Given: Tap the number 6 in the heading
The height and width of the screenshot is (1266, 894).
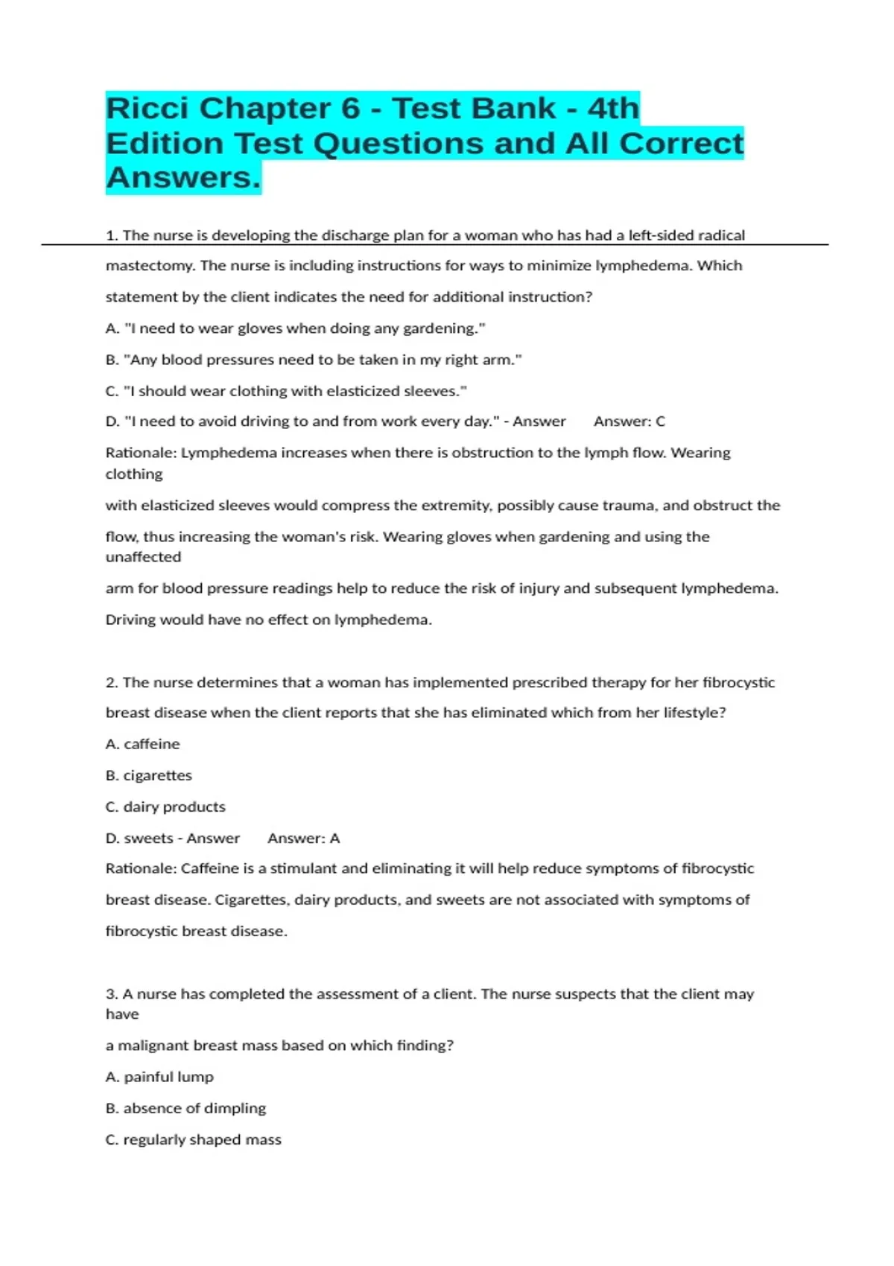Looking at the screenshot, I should [x=351, y=109].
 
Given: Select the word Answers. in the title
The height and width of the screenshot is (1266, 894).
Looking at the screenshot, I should [x=183, y=178].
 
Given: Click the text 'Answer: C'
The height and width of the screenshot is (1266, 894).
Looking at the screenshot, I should [x=629, y=422].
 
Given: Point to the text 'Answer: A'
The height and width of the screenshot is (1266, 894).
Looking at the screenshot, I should [x=303, y=839].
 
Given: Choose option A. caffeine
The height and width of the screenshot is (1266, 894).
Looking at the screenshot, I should [x=143, y=744].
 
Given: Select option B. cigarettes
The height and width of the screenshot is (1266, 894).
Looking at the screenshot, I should [x=149, y=775].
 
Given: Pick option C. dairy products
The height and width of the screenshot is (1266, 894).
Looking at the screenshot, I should [x=165, y=807].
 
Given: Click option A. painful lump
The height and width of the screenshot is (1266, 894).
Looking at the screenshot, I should [x=159, y=1077].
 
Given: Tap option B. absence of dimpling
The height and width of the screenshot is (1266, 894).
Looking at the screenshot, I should [x=186, y=1108].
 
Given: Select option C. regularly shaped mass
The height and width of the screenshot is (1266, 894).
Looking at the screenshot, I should [x=194, y=1139].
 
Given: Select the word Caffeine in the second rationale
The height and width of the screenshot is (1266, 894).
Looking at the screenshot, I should [x=208, y=868].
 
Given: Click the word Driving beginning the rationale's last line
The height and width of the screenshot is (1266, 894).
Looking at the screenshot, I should [x=130, y=620].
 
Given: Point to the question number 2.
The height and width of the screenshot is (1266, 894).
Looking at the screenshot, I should [x=112, y=682].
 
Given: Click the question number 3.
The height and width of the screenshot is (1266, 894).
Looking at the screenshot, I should [x=112, y=994].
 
